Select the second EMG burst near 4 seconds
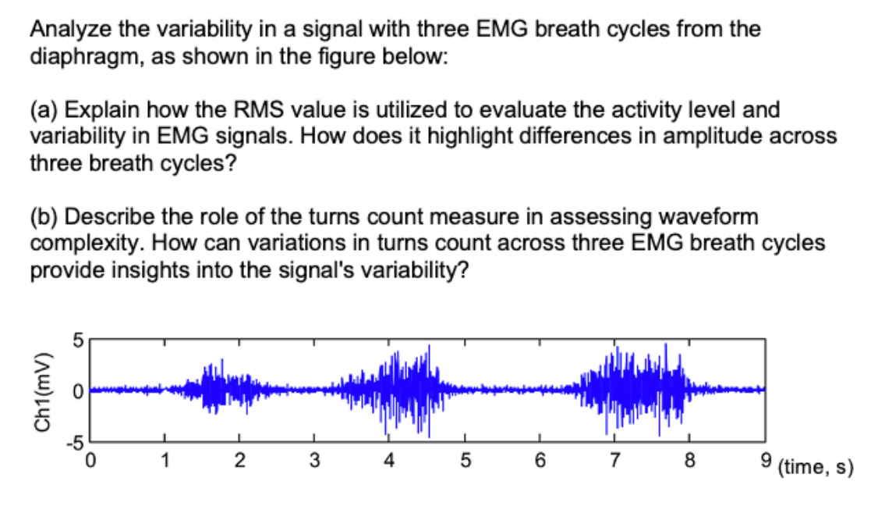[405, 388]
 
